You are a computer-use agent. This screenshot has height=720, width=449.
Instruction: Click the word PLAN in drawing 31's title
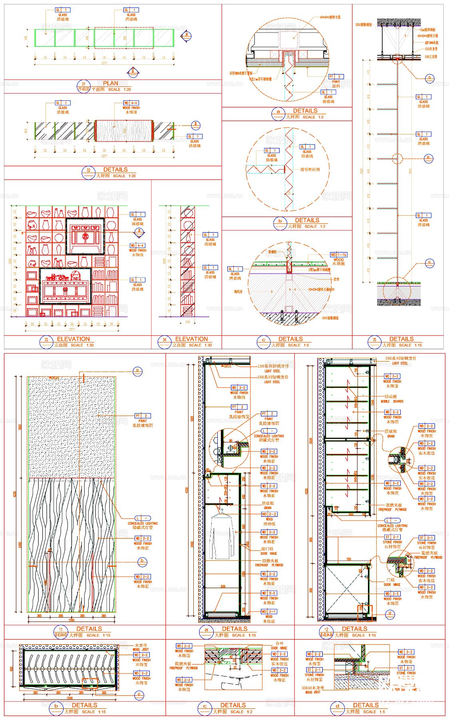click(x=111, y=83)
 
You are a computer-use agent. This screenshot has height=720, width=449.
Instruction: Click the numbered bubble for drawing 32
click(x=88, y=172)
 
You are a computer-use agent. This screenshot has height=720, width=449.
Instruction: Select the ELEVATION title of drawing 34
click(x=191, y=339)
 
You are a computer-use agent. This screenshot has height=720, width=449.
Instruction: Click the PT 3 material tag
click(x=336, y=76)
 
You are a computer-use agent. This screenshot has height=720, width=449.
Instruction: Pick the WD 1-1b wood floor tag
click(x=338, y=254)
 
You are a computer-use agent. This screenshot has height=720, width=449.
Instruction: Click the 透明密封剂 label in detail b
click(x=310, y=169)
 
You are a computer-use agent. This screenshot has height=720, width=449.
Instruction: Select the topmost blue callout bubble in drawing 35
click(x=429, y=78)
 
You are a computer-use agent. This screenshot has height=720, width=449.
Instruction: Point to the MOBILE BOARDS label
click(x=392, y=401)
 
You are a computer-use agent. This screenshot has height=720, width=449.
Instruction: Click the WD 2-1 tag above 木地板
click(x=268, y=611)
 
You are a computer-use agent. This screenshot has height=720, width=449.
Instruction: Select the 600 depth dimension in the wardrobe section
click(x=223, y=586)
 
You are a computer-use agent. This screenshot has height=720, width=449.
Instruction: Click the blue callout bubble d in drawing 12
click(x=389, y=613)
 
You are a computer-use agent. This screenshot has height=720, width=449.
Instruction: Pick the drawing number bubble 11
click(x=61, y=632)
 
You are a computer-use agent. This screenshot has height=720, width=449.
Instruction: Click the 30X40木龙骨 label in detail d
click(x=313, y=688)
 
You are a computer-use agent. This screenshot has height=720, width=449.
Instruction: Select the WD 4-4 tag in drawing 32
click(x=131, y=103)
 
